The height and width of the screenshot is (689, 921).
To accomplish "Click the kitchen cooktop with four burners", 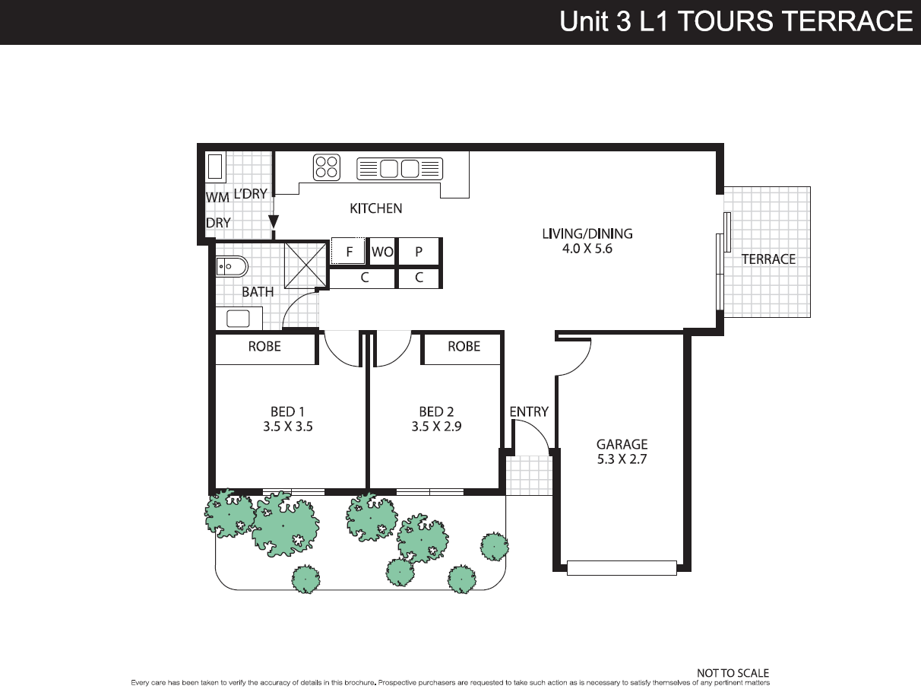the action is tap(327, 167).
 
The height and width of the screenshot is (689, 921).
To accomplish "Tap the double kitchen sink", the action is tap(400, 169).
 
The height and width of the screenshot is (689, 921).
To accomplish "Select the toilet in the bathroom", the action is tap(232, 266).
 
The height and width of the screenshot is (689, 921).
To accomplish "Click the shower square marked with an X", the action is tap(305, 265).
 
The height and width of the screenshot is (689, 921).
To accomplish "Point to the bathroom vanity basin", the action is tap(239, 319).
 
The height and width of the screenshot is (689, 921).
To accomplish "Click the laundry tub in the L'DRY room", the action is tap(215, 167).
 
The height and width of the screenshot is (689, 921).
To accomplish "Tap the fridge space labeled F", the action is tap(348, 251).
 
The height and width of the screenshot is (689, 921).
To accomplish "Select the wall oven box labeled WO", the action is tap(382, 252).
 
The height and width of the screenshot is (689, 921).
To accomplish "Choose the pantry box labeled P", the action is tap(419, 252).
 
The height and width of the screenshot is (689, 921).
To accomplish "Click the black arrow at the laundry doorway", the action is tap(273, 221).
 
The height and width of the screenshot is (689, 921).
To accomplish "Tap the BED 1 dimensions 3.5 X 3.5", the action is tap(288, 427).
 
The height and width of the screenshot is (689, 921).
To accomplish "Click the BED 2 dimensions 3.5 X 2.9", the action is tap(436, 427).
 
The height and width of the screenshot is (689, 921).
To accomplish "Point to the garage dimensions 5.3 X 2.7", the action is tap(622, 459).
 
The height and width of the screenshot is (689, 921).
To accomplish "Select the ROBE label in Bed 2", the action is tap(464, 346).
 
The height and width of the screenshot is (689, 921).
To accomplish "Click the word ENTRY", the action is tap(529, 412).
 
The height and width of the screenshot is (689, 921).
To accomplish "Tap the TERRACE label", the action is tap(768, 259).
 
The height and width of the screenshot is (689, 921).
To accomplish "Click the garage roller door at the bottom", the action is tap(622, 568).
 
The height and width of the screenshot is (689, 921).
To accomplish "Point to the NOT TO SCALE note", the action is tap(733, 673).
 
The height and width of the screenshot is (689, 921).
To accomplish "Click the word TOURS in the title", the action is tap(726, 21).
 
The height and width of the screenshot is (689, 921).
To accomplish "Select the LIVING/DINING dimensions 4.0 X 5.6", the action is tap(587, 249).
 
